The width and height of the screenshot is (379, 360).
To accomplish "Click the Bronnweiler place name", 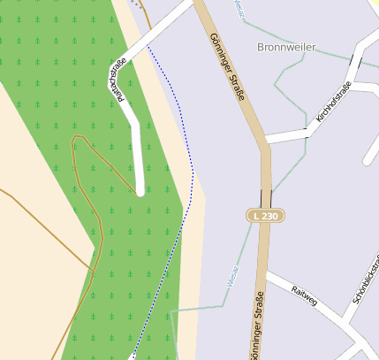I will click(x=286, y=46).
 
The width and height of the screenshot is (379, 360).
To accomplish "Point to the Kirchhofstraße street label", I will click(x=333, y=101).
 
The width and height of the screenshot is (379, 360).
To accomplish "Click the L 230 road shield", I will click(x=265, y=216).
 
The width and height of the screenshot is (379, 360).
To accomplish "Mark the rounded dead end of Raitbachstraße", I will click(x=140, y=188).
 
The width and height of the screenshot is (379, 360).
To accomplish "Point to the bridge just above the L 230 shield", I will click(x=266, y=197).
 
